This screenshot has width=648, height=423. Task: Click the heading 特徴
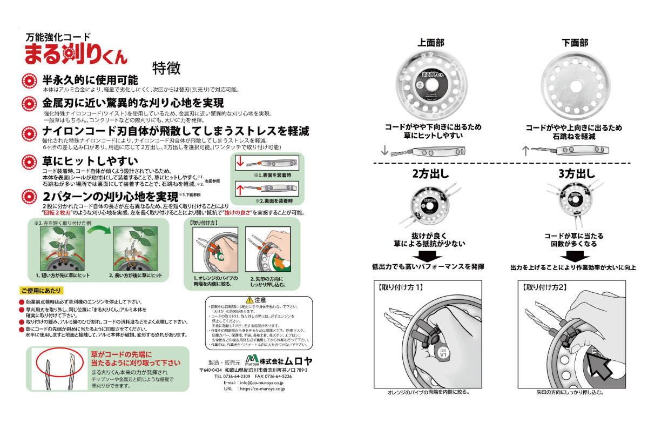coord(166,68)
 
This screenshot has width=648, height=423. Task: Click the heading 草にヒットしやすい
coord(90,161)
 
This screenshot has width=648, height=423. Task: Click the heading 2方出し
coord(428,174)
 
